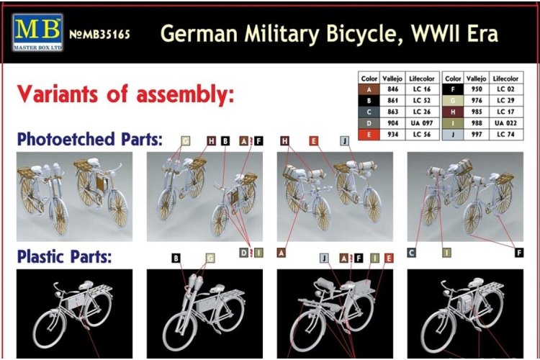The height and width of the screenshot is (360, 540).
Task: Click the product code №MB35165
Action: click(101, 34)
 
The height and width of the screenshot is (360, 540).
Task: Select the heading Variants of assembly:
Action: click(126, 94)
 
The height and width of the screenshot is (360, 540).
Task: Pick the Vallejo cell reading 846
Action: click(392, 89)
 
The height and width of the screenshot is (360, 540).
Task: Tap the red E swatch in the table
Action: click(369, 135)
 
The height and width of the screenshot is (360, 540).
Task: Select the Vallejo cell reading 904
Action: click(392, 123)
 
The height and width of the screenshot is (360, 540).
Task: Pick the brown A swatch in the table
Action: click(369, 89)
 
